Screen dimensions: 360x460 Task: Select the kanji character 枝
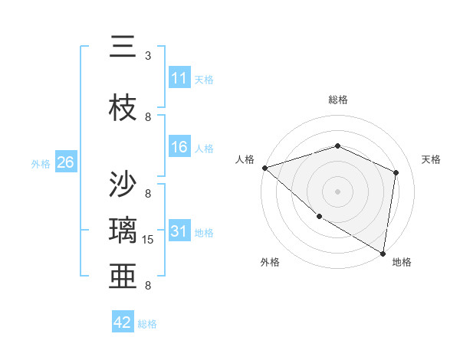pyautogui.click(x=123, y=108)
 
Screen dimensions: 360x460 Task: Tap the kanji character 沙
pyautogui.click(x=123, y=185)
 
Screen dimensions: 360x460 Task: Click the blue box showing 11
pyautogui.click(x=179, y=78)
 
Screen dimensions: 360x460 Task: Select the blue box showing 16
pyautogui.click(x=179, y=147)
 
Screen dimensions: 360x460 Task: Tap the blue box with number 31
pyautogui.click(x=179, y=231)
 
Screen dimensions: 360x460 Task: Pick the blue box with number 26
pyautogui.click(x=65, y=162)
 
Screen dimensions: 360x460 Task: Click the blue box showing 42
pyautogui.click(x=123, y=322)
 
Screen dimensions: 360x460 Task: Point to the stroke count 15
pyautogui.click(x=149, y=240)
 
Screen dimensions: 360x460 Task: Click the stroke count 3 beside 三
pyautogui.click(x=148, y=56)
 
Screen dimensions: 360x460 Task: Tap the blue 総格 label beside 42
pyautogui.click(x=148, y=324)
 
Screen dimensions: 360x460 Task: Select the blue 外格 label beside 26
pyautogui.click(x=41, y=163)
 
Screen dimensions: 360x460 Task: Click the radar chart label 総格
pyautogui.click(x=337, y=100)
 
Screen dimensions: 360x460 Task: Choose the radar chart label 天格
pyautogui.click(x=432, y=159)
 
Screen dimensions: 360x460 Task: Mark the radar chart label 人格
pyautogui.click(x=245, y=159)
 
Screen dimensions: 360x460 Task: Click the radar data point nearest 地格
pyautogui.click(x=383, y=253)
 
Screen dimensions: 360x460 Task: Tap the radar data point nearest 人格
pyautogui.click(x=264, y=167)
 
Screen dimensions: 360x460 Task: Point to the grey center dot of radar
pyautogui.click(x=337, y=191)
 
